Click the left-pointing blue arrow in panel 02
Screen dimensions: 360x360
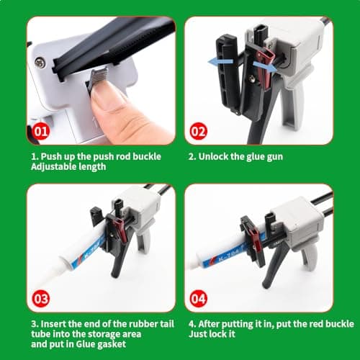[x=218, y=64]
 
